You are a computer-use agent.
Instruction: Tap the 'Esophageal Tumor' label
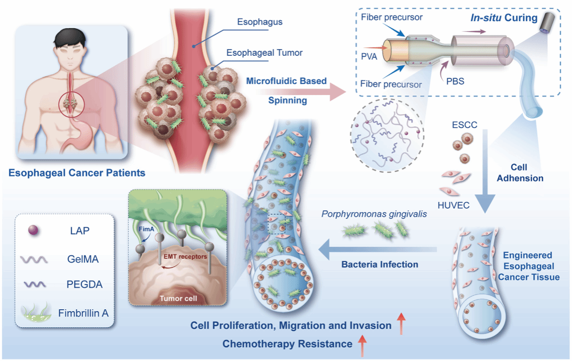tap(264, 52)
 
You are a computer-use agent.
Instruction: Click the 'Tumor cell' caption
tap(180, 298)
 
